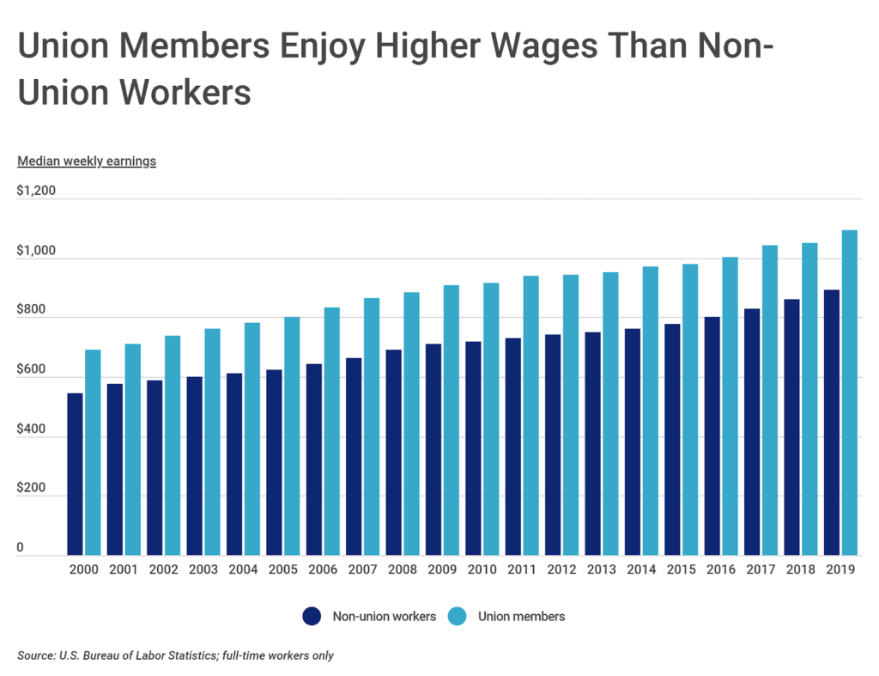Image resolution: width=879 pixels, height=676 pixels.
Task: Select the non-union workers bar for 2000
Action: (x=76, y=474)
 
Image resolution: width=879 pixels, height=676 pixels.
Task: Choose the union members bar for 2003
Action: (x=213, y=442)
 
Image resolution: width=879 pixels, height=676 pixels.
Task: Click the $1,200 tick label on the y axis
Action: (x=36, y=191)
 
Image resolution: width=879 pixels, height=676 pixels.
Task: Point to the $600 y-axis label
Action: (x=32, y=368)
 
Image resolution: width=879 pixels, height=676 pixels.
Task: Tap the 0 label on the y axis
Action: (x=21, y=547)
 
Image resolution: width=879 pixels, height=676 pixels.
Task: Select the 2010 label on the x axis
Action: (x=482, y=569)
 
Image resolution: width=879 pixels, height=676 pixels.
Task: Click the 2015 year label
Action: (x=682, y=569)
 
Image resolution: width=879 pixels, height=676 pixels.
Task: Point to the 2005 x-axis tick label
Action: (x=283, y=569)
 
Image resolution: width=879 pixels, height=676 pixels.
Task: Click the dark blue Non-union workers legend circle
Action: (x=312, y=616)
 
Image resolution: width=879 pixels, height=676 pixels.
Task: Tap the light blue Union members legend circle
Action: (x=458, y=616)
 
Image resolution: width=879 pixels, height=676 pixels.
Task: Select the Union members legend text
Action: (x=521, y=616)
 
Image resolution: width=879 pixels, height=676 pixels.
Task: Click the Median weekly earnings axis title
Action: (x=87, y=161)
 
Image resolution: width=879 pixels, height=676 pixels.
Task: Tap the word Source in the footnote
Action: (x=35, y=655)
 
